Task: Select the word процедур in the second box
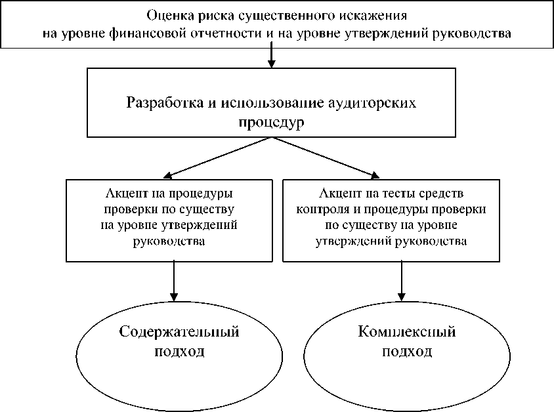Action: pyautogui.click(x=271, y=123)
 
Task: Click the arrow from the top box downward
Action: pyautogui.click(x=271, y=58)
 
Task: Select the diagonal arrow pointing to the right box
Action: pyautogui.click(x=325, y=157)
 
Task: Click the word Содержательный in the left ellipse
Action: pyautogui.click(x=179, y=331)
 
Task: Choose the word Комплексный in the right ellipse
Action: pyautogui.click(x=407, y=331)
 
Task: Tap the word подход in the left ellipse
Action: pyautogui.click(x=179, y=351)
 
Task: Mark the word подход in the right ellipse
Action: pyautogui.click(x=407, y=351)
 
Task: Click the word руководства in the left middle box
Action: pyautogui.click(x=171, y=241)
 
